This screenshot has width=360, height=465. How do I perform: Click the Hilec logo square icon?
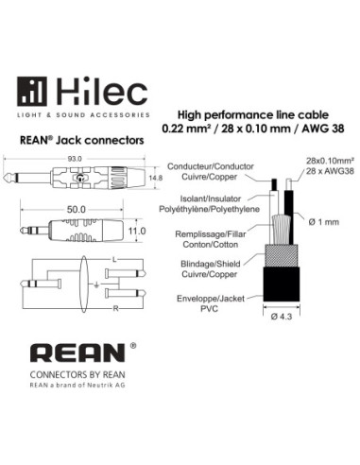point(32,92)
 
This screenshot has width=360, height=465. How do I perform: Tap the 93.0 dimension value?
point(75,159)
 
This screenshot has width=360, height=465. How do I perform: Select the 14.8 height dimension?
point(156,178)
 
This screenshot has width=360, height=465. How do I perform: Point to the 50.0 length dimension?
point(76,210)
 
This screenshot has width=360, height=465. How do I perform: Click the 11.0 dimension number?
point(137,232)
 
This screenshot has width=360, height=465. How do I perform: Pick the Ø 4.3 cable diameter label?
point(282,317)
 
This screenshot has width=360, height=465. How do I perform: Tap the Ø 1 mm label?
point(324,222)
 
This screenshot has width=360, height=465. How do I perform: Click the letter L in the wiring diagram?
point(114,260)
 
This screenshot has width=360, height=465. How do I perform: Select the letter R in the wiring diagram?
point(115,309)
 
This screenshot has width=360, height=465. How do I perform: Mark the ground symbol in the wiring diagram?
point(96,285)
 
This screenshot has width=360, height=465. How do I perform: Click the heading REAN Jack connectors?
point(82,140)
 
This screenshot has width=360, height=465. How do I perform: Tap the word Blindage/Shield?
point(211,264)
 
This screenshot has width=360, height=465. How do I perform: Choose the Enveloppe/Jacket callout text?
point(211,299)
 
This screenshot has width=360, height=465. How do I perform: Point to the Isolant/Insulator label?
point(211,198)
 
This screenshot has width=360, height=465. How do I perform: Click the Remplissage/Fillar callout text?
point(211,234)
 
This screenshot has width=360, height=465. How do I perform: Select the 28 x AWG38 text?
point(330,171)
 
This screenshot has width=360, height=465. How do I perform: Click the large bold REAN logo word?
point(77,353)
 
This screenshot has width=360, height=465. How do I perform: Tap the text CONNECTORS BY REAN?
point(77,375)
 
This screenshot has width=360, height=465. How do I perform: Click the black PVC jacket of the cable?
point(282,284)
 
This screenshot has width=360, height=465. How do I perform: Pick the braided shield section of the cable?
point(282,256)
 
